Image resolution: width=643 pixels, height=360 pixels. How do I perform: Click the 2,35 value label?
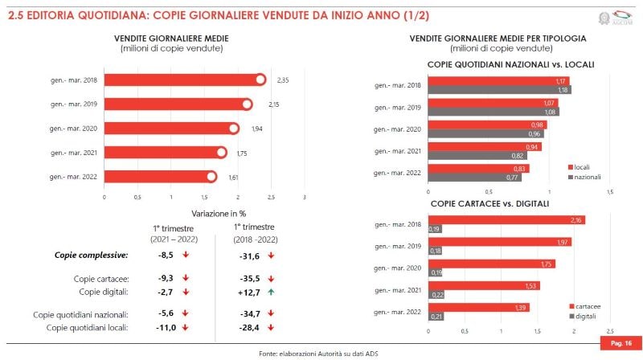click(283, 80)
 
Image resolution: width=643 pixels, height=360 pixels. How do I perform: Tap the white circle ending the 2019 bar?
click(247, 104)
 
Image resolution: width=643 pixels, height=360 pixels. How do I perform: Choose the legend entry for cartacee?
click(586, 306)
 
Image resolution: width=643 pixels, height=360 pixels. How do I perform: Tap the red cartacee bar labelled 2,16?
click(506, 220)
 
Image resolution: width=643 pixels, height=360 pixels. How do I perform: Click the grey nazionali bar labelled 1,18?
click(488, 90)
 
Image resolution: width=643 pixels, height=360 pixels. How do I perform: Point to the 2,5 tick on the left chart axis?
click(271, 196)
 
